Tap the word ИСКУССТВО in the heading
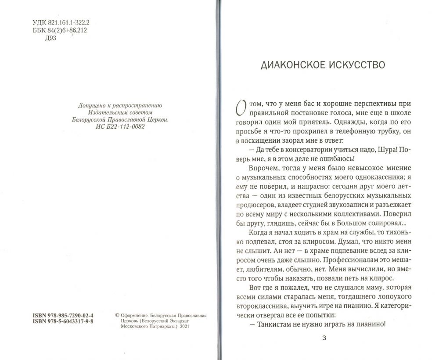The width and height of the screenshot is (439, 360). click(x=356, y=65)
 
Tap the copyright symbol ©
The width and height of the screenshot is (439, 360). click(x=117, y=315)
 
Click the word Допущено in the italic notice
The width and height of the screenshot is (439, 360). click(x=92, y=106)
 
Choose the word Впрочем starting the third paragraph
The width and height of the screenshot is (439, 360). click(x=262, y=169)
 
